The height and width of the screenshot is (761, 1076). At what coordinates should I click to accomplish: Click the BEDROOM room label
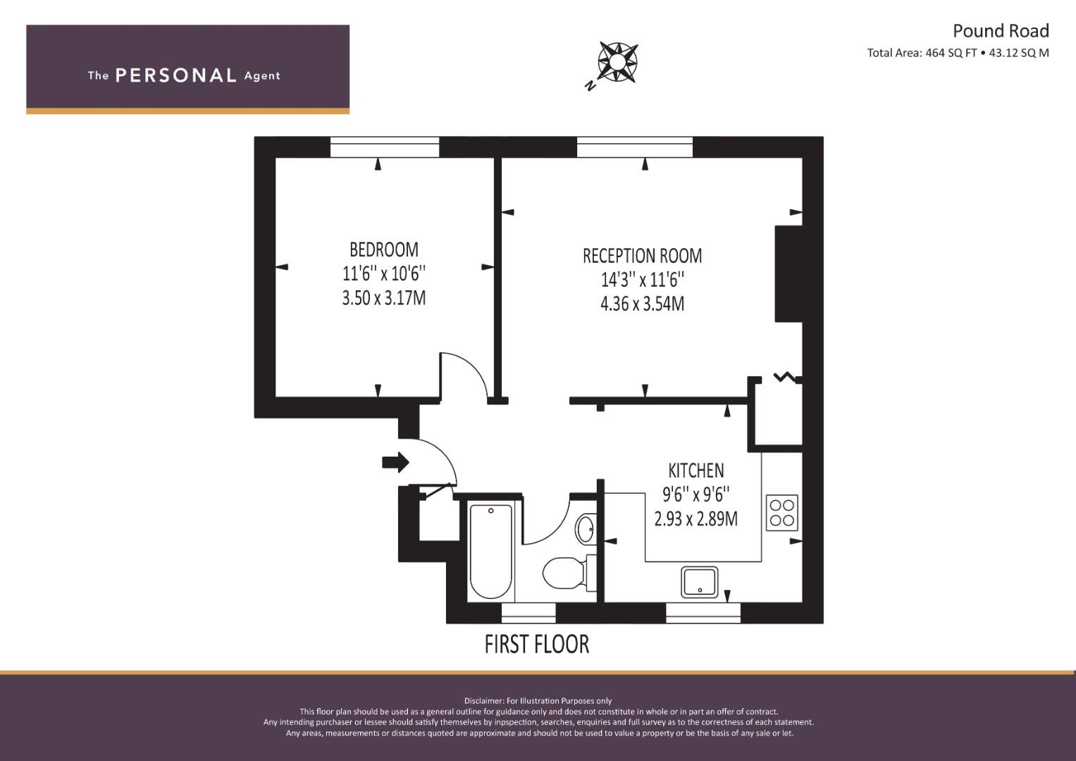[x=384, y=250]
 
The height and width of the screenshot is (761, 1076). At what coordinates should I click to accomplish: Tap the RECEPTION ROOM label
[x=642, y=256]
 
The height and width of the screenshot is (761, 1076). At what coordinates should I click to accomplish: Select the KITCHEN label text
[x=696, y=471]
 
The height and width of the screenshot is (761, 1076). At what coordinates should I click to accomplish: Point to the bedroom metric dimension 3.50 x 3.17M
[x=384, y=298]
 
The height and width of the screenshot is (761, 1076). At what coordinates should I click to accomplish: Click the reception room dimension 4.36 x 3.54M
[x=642, y=304]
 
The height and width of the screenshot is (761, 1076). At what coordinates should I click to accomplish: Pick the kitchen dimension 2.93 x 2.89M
[x=696, y=519]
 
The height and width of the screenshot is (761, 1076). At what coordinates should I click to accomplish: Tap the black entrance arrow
[x=395, y=463]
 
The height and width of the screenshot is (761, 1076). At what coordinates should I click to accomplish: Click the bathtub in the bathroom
[x=490, y=552]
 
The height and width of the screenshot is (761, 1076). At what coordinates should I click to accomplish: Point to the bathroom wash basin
[x=586, y=529]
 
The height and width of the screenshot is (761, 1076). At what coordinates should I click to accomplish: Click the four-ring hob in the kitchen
[x=781, y=513]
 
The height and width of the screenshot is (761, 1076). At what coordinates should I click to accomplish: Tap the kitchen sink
[x=700, y=582]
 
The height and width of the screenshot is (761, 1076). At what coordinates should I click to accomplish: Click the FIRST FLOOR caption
[x=536, y=644]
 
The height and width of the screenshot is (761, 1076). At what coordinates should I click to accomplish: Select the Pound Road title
[x=1001, y=31]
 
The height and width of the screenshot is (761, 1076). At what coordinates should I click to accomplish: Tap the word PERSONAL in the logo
[x=176, y=75]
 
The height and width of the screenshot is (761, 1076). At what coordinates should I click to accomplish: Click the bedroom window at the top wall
[x=385, y=147]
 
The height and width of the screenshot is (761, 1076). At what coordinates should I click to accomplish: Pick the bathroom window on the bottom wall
[x=528, y=613]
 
